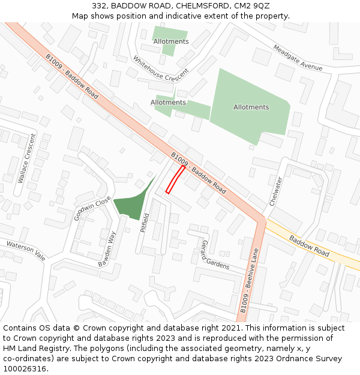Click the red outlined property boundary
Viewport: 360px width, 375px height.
click(175, 179)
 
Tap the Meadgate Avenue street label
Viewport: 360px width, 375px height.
click(298, 58)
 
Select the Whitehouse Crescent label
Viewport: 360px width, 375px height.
click(160, 68)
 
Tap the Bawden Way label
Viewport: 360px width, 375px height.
click(107, 249)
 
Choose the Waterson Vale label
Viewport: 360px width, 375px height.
click(26, 250)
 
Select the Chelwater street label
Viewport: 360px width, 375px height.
click(275, 191)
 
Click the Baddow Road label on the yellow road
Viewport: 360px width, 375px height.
click(310, 246)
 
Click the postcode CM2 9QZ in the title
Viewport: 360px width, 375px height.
click(253, 6)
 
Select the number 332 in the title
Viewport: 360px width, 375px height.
click(100, 6)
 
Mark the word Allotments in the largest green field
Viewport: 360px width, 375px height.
click(251, 107)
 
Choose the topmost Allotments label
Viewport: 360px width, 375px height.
click(171, 41)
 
